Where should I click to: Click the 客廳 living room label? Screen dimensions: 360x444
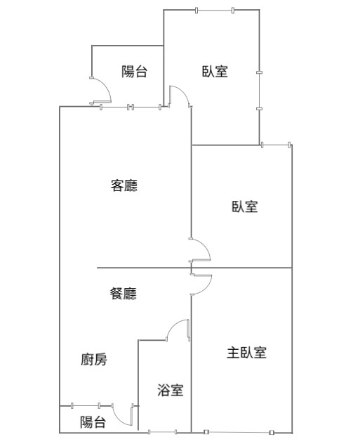point(124,185)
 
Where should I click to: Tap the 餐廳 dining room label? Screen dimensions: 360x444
point(124,294)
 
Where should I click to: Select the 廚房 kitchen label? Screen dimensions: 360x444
point(94,360)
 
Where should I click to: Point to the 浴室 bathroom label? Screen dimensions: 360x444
point(171,390)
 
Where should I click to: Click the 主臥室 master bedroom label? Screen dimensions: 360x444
point(246,353)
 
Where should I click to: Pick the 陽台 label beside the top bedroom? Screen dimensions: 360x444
point(134,72)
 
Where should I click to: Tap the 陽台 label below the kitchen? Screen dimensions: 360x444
point(93,422)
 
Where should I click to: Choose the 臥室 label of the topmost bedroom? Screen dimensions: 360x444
point(215,71)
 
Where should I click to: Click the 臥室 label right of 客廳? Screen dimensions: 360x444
point(245,207)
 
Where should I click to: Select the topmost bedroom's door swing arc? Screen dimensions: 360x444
point(183,91)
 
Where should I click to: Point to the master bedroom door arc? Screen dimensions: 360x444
point(208,288)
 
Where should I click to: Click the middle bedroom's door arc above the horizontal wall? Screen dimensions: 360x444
point(205,245)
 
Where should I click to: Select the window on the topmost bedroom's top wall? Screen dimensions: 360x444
point(215,11)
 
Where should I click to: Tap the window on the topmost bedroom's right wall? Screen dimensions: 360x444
point(260,91)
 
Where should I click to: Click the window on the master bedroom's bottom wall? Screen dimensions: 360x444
point(239,432)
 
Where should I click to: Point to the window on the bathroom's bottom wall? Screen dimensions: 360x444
point(162,432)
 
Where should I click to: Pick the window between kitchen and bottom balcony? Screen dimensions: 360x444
point(86,405)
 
